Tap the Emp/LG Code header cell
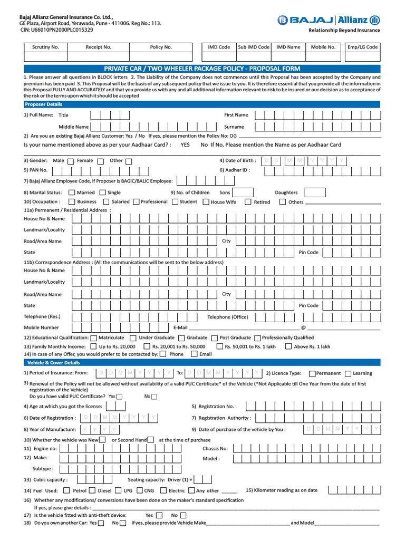(362, 47)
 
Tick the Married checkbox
(72, 192)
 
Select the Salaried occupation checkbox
(106, 201)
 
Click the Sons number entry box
(243, 192)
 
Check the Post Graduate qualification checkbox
(214, 337)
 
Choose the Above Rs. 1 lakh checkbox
(288, 346)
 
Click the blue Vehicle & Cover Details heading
(53, 363)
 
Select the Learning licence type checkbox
(348, 373)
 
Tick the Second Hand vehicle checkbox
(151, 439)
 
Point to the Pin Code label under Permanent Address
(308, 252)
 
